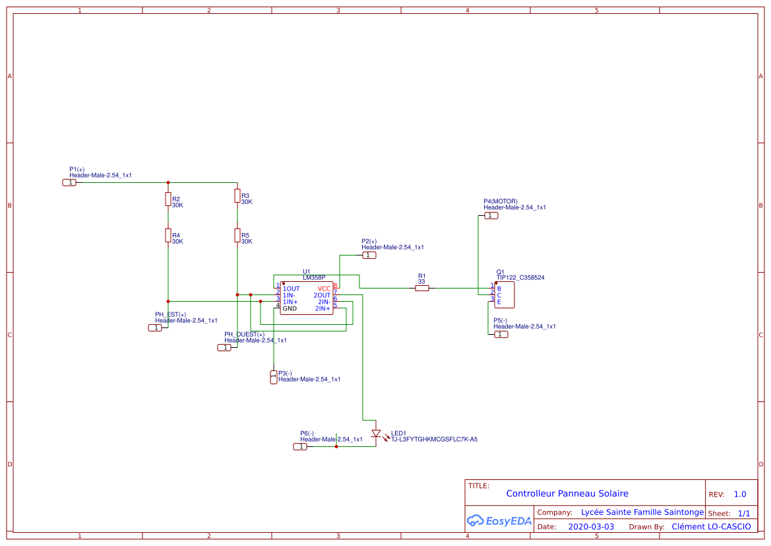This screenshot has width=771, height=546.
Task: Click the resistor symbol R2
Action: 168,199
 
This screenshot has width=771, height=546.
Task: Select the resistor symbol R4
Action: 168,236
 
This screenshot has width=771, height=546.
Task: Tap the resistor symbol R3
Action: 237,196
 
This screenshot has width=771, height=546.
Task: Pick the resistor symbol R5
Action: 237,236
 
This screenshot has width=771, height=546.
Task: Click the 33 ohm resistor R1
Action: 422,288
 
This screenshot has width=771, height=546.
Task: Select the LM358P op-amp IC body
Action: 306,298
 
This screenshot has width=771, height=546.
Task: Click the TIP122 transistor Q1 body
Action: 505,295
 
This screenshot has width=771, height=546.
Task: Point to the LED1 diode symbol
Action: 376,434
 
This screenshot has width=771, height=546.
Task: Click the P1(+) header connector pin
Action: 69,182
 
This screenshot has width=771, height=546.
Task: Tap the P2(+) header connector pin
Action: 369,255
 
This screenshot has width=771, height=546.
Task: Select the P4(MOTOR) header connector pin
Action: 491,216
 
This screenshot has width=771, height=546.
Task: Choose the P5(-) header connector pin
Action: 501,334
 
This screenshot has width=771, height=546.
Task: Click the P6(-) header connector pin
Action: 300,447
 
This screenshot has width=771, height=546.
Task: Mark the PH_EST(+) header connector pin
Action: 155,327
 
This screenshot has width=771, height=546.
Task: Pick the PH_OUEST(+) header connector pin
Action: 225,347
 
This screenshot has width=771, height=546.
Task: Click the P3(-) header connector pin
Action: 274,377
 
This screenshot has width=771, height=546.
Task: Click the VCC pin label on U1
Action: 324,289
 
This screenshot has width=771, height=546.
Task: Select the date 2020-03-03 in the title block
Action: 591,527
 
